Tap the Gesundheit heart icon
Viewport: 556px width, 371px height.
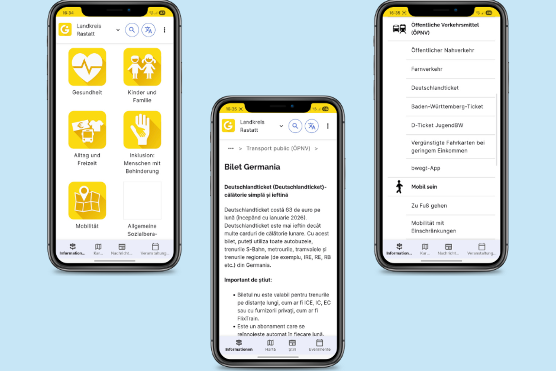click(87, 67)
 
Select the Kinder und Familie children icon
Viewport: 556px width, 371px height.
click(142, 67)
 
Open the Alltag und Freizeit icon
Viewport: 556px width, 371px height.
click(87, 130)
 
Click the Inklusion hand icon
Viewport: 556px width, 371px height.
click(142, 130)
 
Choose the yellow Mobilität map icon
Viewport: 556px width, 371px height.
click(87, 201)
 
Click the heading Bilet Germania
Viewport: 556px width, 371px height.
click(252, 167)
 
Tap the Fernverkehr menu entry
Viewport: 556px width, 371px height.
click(427, 69)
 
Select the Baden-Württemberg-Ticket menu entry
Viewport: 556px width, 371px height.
click(447, 107)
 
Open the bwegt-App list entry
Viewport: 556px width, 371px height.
click(425, 168)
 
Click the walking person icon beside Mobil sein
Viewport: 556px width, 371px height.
click(399, 187)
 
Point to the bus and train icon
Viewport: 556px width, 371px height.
click(399, 29)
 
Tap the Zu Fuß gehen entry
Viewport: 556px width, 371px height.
click(429, 206)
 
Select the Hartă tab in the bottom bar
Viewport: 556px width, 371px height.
click(270, 345)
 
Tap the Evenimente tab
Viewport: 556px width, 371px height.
click(320, 345)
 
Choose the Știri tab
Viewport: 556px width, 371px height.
click(292, 345)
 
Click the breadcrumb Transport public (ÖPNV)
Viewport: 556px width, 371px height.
click(278, 148)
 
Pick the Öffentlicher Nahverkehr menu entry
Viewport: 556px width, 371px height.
click(442, 50)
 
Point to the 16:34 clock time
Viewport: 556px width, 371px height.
click(68, 13)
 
